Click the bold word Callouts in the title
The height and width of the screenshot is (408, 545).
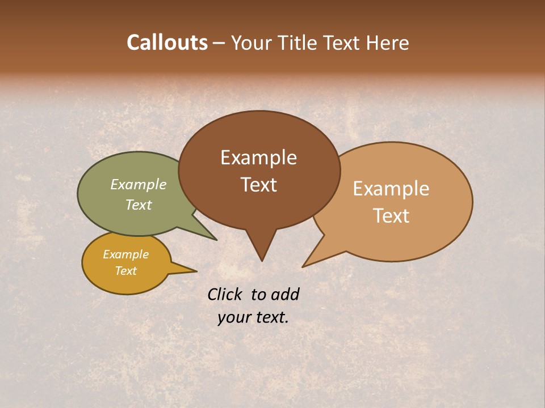pos(167,42)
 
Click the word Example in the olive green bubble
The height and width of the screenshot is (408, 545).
pos(138,184)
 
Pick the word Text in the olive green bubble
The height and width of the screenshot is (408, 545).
pos(138,205)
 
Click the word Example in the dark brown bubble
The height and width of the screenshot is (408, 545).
pos(258,158)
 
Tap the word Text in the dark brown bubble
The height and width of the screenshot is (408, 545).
pos(258,185)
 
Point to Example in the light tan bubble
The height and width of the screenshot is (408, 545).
pos(391,189)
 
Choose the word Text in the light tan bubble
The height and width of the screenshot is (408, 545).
pos(391,216)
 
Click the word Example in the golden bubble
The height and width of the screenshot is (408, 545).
pos(125,254)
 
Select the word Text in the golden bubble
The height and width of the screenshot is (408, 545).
pos(125,271)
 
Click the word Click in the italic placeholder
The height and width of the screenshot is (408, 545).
pos(225,294)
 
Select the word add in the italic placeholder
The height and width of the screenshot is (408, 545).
pos(285,294)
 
